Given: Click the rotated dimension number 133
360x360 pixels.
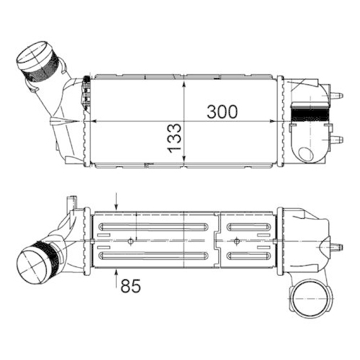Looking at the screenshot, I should (x=174, y=138).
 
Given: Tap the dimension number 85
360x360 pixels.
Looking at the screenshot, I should (x=130, y=286).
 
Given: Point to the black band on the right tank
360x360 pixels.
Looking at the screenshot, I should (x=309, y=112).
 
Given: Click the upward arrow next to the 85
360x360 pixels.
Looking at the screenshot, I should (x=117, y=275).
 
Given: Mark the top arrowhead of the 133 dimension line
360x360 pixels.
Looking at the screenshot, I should (x=186, y=80).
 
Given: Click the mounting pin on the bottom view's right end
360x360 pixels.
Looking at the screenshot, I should (x=336, y=246).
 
